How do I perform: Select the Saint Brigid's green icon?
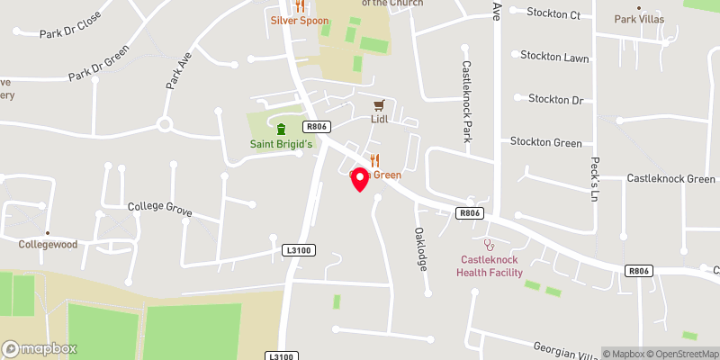(x=280, y=129)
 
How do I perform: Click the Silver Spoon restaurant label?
(x=302, y=19)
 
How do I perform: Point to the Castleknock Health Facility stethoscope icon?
(x=489, y=243)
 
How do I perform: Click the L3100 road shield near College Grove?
(x=299, y=249)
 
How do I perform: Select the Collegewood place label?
(x=49, y=244)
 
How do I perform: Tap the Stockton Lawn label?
(x=553, y=56)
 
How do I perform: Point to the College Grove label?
(x=158, y=206)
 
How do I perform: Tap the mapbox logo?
(x=40, y=348)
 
